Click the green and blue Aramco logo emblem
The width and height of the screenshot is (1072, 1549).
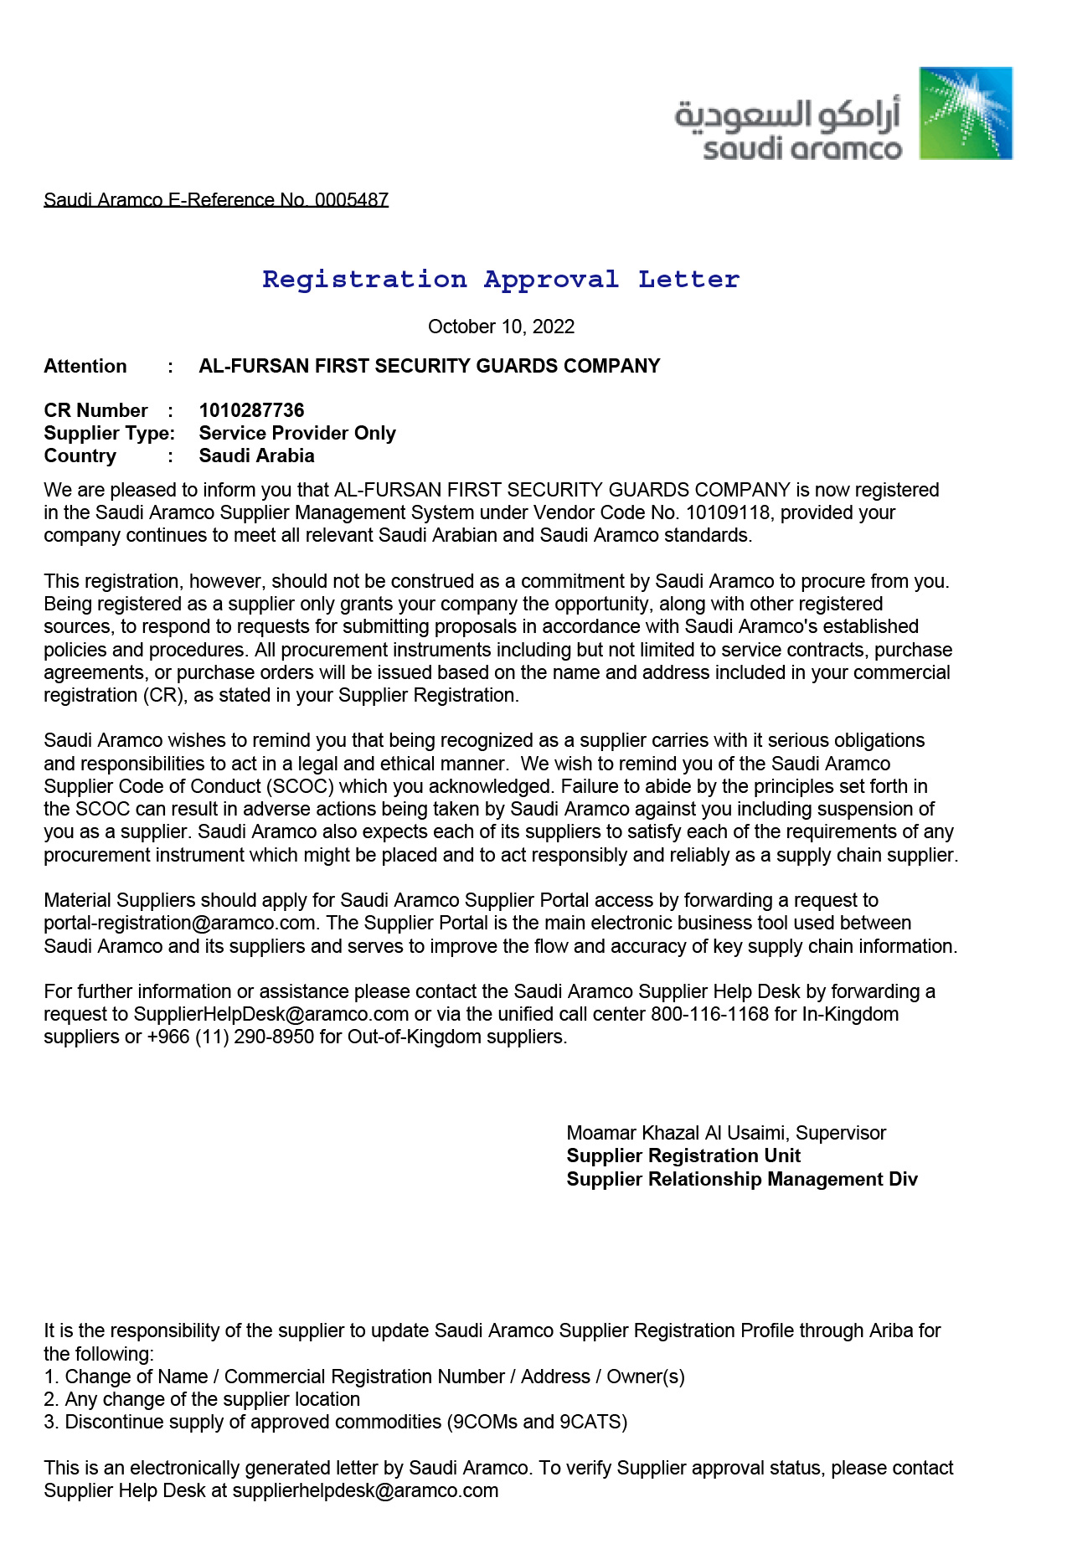tap(966, 113)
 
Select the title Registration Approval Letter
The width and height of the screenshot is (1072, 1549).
tap(501, 279)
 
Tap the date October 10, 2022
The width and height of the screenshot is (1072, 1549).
tap(501, 327)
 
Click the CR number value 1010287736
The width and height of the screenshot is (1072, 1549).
tap(251, 410)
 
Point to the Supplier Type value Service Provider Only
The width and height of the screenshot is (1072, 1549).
tap(297, 433)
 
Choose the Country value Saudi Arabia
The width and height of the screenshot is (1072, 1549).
tap(256, 455)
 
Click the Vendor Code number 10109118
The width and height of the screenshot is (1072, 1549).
tap(727, 512)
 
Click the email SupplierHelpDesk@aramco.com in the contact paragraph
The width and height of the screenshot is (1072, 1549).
tap(271, 1014)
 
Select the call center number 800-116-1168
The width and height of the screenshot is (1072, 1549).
tap(709, 1014)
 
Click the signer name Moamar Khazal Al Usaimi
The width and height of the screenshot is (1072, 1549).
tap(676, 1133)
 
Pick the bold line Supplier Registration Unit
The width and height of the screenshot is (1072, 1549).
tap(683, 1155)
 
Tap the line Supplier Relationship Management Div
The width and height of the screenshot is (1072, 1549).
tap(742, 1179)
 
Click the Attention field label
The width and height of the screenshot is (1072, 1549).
tap(85, 366)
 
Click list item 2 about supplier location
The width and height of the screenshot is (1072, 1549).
tap(203, 1399)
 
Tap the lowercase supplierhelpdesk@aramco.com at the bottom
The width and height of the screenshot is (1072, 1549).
tap(365, 1490)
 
